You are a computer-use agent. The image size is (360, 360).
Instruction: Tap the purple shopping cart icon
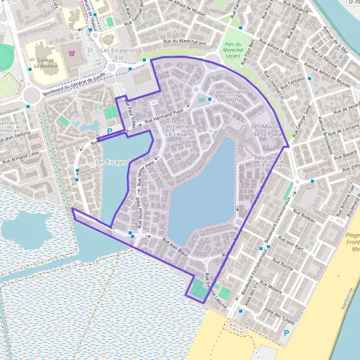[x=72, y=53]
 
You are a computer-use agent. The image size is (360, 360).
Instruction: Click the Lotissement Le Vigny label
[x=226, y=95]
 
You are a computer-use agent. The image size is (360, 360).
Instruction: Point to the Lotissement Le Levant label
[x=179, y=130]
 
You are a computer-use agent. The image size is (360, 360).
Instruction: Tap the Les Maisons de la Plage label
[x=268, y=130]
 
